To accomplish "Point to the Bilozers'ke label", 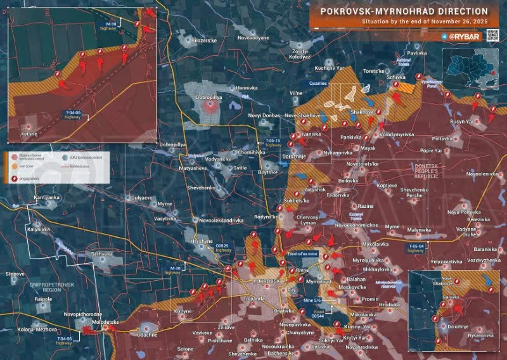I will pos(204,39).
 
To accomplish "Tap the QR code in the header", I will pos(493,37).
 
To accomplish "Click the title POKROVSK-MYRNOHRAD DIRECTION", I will pos(404,11).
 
